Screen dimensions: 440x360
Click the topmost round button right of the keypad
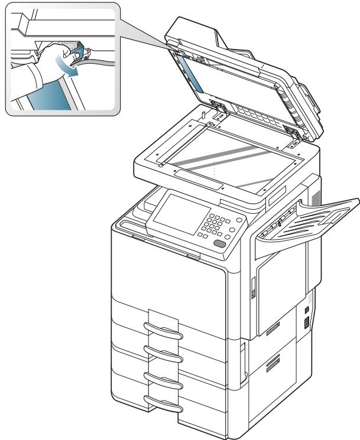tap(232, 217)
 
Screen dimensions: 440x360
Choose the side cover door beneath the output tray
tap(281, 289)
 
